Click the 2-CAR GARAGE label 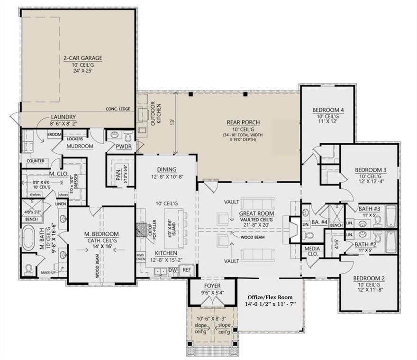(83, 59)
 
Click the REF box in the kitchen (187, 269)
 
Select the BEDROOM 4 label (328, 110)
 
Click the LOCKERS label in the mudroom (75, 139)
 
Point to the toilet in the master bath (28, 270)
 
